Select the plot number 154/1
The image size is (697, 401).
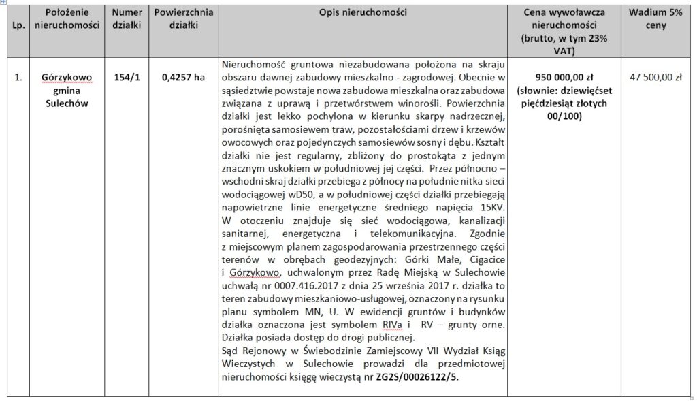pos(127,78)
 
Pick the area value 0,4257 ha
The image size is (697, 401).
pos(183,78)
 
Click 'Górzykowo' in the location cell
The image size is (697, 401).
pos(66,78)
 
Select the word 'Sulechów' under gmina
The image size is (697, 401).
pos(66,103)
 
